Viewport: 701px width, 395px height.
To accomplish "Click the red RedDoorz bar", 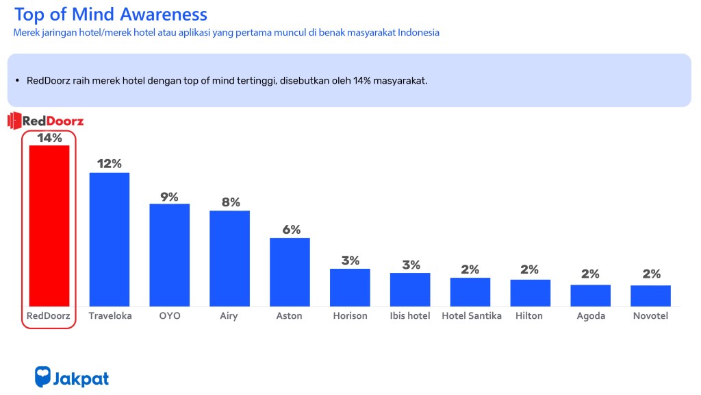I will point(49,226).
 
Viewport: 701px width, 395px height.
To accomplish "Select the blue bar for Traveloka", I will point(110,239).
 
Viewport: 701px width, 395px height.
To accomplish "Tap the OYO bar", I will point(169,254).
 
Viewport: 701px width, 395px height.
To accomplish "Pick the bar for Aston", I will point(290,272).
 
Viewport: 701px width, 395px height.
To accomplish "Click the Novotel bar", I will point(650,296).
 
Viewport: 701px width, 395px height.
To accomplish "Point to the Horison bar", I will point(350,287).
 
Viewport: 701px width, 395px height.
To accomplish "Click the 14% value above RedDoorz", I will point(49,138).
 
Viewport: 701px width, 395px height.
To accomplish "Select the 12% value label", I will point(110,164).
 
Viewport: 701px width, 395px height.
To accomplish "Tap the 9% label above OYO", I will point(169,197).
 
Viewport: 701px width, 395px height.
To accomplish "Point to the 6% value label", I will point(291,230).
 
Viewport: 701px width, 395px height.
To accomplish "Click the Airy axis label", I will point(229,316).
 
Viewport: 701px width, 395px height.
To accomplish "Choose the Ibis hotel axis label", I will point(410,316).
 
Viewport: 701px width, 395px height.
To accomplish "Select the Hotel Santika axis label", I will point(471,316).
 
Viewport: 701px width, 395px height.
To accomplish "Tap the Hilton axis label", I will point(530,316).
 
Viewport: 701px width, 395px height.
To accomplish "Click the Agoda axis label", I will point(590,316).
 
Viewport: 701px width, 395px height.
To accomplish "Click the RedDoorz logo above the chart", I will point(46,121).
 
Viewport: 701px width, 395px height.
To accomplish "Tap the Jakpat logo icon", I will point(43,376).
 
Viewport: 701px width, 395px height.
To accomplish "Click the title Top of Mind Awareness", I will point(110,14).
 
